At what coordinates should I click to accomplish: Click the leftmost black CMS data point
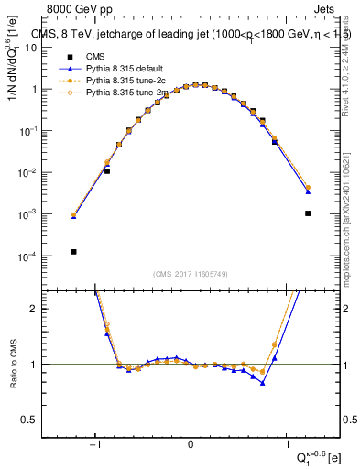coord(73,252)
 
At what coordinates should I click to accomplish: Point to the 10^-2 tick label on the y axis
coord(40,172)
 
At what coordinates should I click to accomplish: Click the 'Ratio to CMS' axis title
coord(13,376)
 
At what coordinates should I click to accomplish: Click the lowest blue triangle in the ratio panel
coord(263,383)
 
